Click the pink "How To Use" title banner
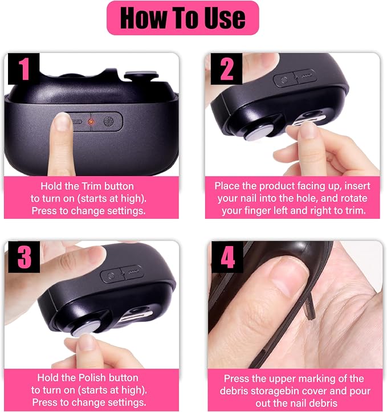tap(182, 18)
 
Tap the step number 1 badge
tap(23, 68)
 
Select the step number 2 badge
tap(226, 68)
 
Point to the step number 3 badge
tap(24, 256)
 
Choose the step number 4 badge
tap(227, 257)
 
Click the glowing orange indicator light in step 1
tap(91, 121)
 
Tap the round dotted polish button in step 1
tap(108, 121)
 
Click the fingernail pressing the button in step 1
tap(63, 122)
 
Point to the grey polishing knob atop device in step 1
tap(141, 75)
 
